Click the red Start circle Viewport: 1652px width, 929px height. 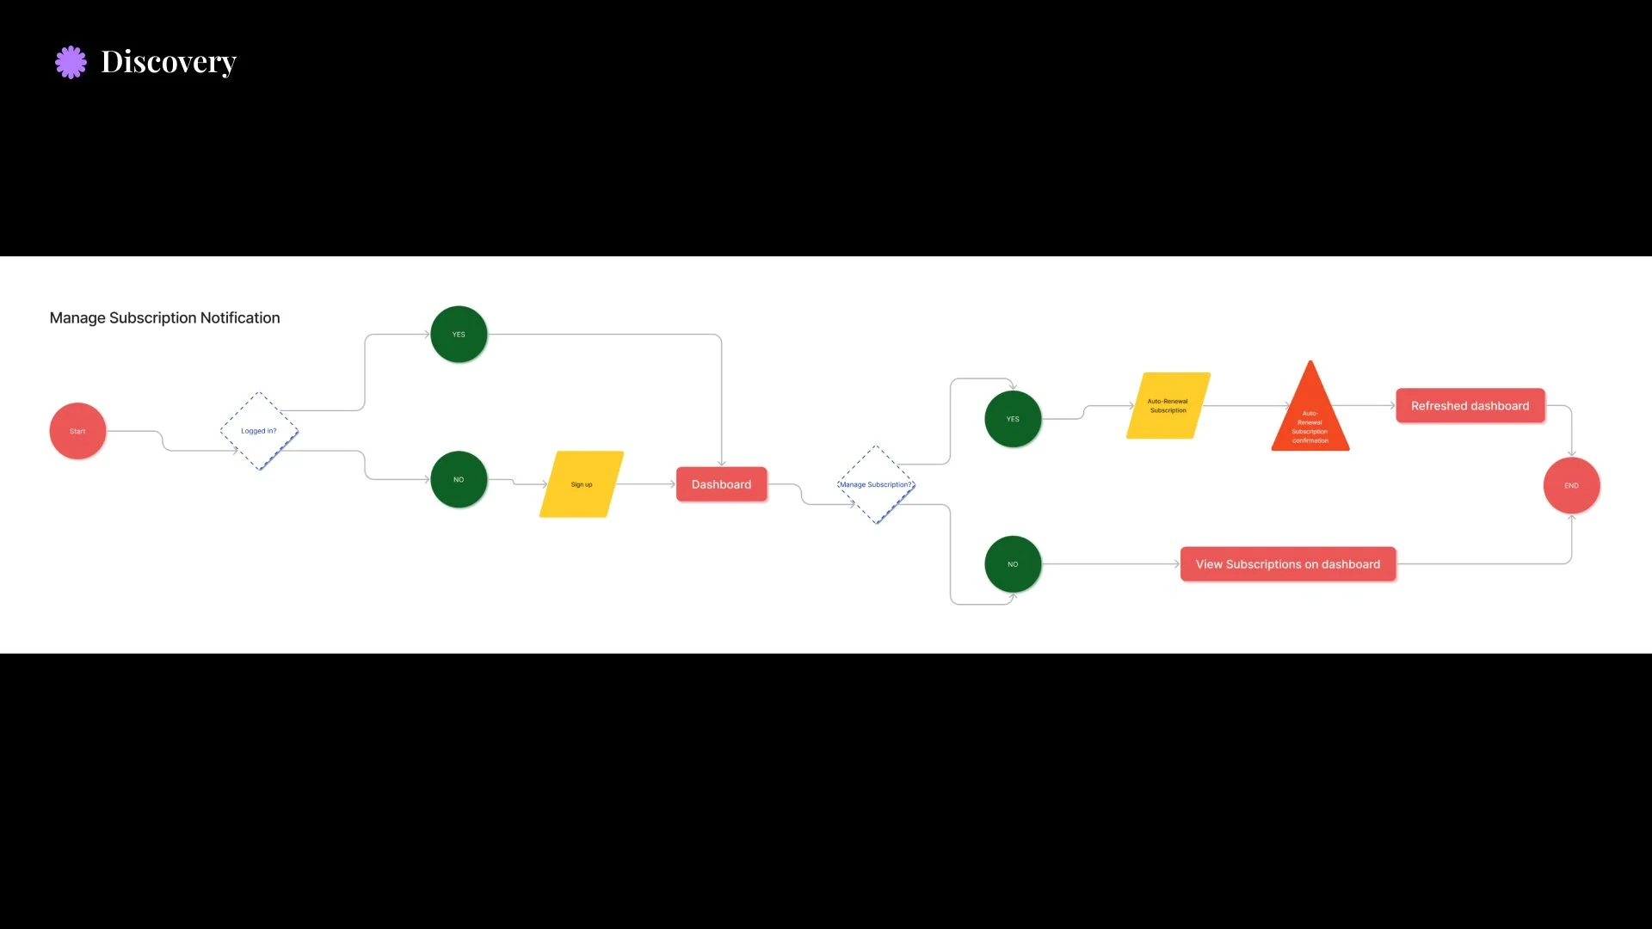77,431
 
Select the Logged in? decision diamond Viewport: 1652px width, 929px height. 259,431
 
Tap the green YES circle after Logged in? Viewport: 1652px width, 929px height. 459,335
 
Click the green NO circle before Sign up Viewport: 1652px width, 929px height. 459,480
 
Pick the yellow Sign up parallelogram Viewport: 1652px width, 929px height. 582,484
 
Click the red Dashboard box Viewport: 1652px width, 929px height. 721,484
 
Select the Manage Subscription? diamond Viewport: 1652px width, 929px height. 876,485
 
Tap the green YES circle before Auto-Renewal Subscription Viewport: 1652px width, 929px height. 1013,419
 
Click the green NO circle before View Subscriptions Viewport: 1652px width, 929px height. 1013,564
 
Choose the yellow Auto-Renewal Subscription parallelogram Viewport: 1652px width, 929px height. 1168,406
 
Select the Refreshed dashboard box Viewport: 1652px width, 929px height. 1470,406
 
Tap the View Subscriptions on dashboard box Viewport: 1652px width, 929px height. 1287,564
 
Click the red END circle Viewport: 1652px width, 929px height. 1571,486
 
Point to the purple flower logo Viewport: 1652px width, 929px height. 71,62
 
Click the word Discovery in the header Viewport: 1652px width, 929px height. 169,62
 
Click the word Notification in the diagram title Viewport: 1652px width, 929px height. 240,318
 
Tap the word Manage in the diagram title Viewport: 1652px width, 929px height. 77,318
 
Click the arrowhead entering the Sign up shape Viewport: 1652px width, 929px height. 544,484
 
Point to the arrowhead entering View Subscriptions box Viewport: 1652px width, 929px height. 1176,564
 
